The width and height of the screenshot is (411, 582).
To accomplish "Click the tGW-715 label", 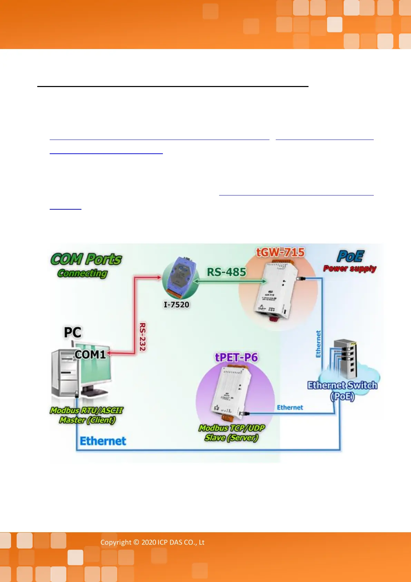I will coord(280,252).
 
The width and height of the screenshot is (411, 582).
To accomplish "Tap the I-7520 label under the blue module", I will coord(176,305).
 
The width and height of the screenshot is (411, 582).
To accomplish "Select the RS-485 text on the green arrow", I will coord(226,272).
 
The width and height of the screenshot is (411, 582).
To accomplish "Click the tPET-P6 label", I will coord(236,357).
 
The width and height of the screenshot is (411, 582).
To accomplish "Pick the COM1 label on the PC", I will coord(90,354).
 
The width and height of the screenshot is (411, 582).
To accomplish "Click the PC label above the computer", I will coord(72,332).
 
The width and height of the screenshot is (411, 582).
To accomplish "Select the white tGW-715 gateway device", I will coord(276,290).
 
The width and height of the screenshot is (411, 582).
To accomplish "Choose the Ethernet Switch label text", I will coord(342,385).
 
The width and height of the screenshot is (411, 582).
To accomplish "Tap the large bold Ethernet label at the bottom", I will coord(103,441).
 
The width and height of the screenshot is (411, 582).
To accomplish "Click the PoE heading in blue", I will coord(350,256).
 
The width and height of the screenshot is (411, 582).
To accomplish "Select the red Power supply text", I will coord(350,268).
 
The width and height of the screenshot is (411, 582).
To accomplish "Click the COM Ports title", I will coord(86,259).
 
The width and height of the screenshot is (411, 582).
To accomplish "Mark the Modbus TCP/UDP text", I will coord(232,428).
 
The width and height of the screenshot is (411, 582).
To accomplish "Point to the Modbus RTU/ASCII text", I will coord(86,410).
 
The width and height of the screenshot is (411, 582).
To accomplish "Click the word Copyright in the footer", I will coord(116,542).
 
